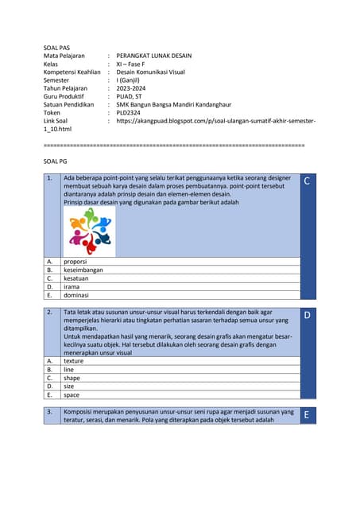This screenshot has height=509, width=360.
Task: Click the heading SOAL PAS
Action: point(56,48)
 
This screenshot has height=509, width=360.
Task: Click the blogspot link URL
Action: point(215,120)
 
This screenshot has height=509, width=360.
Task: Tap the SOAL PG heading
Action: point(56,161)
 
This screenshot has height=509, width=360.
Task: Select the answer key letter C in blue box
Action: point(308,182)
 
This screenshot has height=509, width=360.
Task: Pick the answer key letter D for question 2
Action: point(308,316)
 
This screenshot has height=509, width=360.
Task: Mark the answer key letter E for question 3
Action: point(308,415)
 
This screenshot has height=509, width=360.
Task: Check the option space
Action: point(72,394)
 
